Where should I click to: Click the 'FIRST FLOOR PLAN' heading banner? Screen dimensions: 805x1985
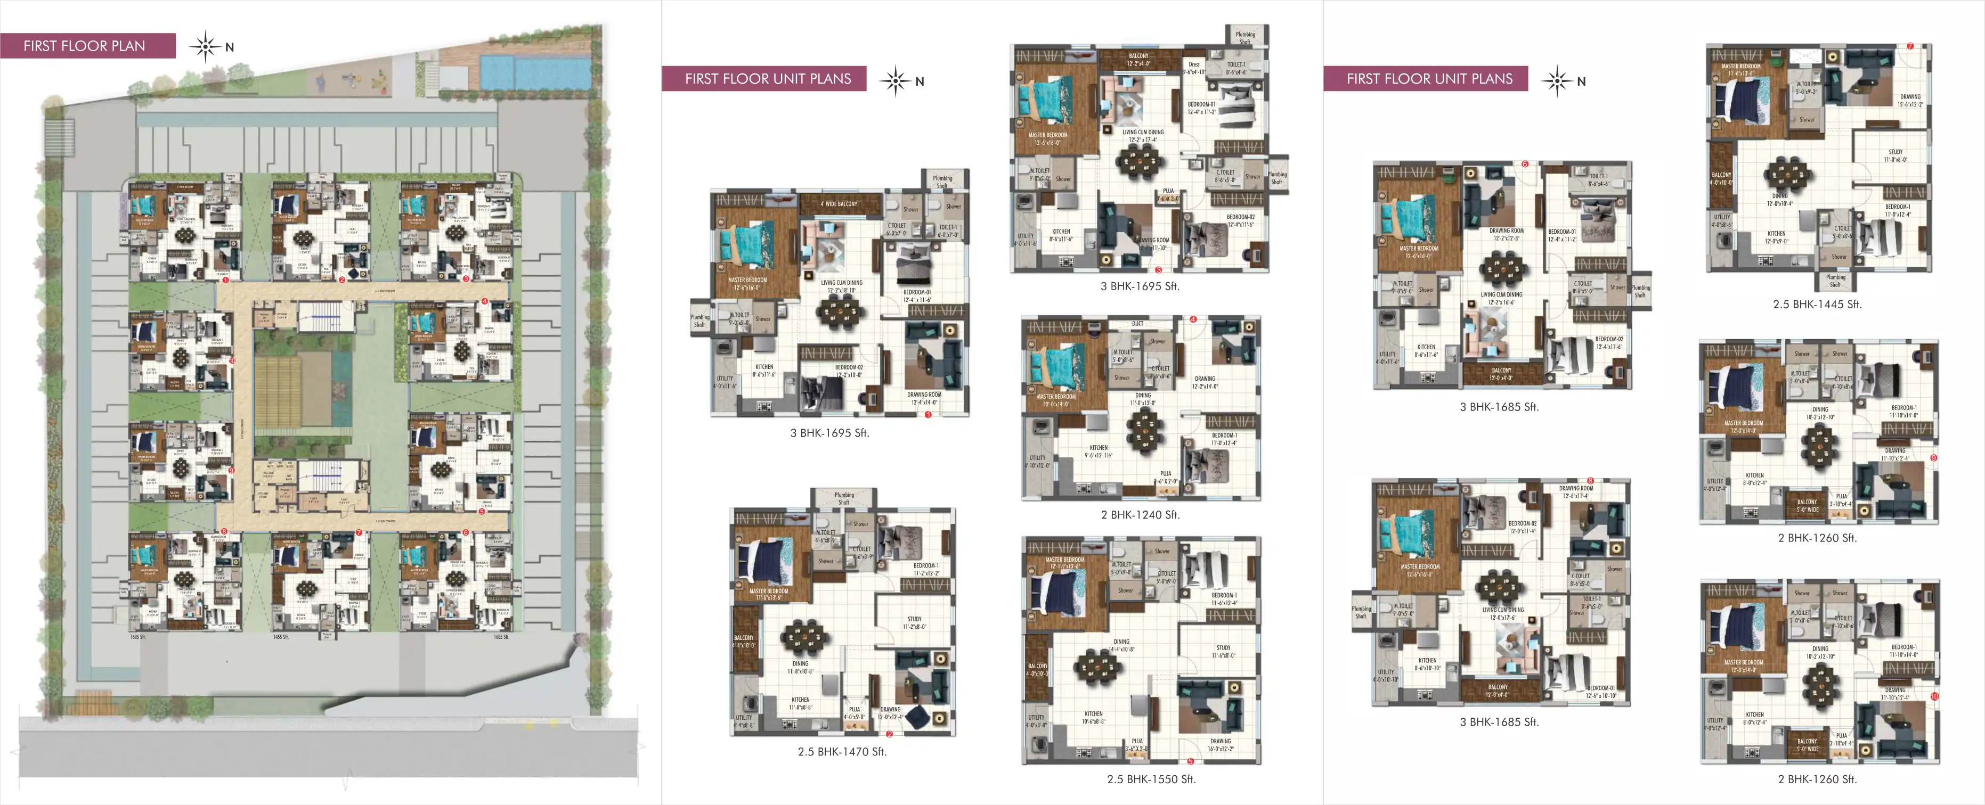point(85,45)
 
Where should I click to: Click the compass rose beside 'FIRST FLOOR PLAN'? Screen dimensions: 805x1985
point(206,46)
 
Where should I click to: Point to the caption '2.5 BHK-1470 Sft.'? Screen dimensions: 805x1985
point(842,751)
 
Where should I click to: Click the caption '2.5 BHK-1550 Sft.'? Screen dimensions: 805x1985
point(1151,779)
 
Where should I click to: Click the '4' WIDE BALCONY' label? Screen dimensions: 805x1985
point(839,204)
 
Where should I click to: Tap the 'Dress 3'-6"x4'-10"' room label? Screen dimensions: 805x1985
point(1194,68)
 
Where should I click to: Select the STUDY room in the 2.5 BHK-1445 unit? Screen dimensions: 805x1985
point(1895,155)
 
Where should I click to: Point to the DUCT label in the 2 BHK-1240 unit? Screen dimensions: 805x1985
point(1137,324)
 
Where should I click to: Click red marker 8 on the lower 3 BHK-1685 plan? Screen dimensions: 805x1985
point(1590,481)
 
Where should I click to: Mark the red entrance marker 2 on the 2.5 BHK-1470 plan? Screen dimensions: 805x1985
point(889,734)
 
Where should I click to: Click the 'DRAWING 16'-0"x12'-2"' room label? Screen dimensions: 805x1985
point(1220,744)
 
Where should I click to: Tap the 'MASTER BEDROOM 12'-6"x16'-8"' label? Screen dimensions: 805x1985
point(1419,570)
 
